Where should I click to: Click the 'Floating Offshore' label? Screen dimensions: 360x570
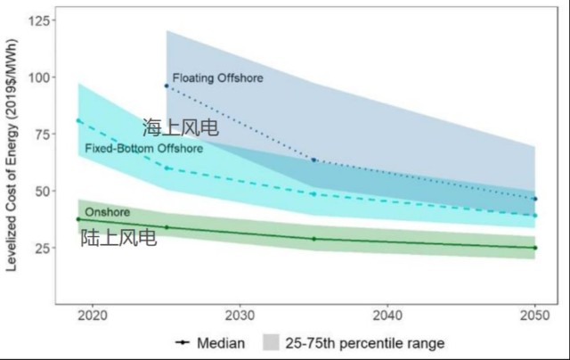coord(218,78)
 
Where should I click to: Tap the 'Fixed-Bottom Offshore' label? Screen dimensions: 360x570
coord(143,148)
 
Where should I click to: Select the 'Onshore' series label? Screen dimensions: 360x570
coord(108,212)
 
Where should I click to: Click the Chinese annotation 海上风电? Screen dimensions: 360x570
coord(180,128)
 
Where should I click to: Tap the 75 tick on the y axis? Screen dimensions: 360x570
coord(37,134)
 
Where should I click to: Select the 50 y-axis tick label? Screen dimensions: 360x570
coord(37,191)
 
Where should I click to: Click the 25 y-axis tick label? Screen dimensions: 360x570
coord(37,248)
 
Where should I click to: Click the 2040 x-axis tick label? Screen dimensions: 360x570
coord(387,315)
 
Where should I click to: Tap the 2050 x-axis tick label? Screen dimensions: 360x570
coord(534,315)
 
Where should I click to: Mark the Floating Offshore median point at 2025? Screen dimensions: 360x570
coord(167,86)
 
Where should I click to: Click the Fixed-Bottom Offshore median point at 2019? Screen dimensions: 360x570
coord(78,120)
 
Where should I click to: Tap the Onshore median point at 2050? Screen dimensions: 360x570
coord(534,248)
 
